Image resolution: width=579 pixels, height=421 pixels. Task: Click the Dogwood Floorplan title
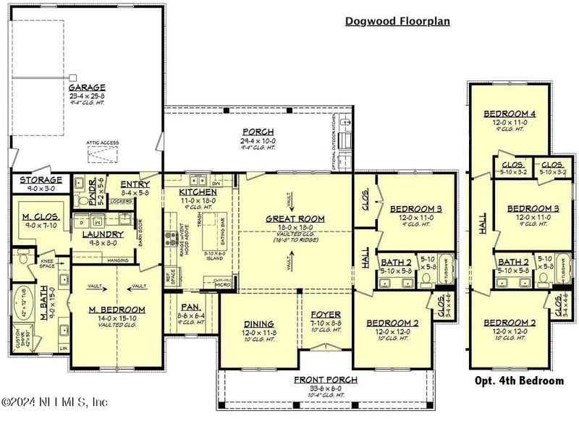tap(397, 21)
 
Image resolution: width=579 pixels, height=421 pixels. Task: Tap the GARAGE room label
tap(87, 87)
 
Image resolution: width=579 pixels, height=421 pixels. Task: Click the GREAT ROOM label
tap(295, 218)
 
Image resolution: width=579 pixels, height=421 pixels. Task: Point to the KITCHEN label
tap(198, 192)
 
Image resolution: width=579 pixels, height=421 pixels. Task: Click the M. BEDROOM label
tap(117, 310)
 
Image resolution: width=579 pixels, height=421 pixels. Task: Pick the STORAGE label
tap(41, 179)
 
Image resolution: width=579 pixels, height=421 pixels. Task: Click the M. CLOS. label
tap(40, 216)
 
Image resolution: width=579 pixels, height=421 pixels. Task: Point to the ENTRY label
tap(135, 185)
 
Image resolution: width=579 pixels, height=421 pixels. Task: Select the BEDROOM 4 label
tap(511, 114)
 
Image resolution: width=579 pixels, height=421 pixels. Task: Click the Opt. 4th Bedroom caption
tap(518, 380)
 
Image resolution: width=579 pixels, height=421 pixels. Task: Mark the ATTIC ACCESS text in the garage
tap(102, 143)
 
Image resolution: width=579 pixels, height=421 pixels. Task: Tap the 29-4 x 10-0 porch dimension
tap(258, 140)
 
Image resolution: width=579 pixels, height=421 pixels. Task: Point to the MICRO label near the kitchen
tap(224, 285)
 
